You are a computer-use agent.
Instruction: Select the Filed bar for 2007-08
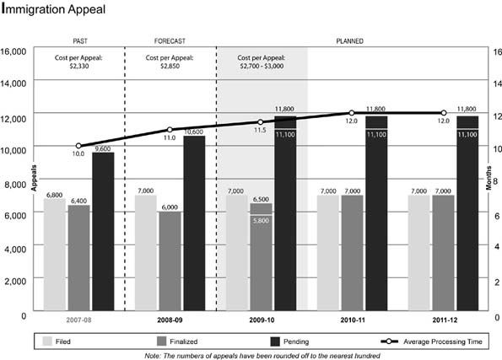(54, 253)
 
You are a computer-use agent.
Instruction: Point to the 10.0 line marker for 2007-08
(78, 146)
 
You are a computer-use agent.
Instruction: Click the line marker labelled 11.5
(261, 122)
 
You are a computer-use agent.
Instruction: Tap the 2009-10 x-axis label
(262, 321)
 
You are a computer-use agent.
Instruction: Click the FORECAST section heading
(170, 40)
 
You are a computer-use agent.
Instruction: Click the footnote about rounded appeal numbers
(251, 355)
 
